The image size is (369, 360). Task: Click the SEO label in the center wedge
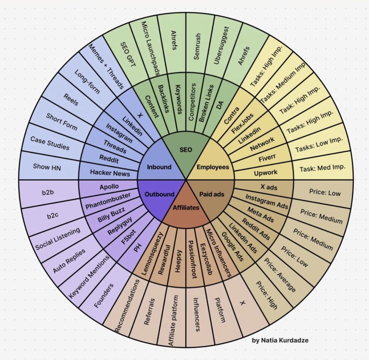click(186, 150)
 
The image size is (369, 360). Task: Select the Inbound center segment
click(159, 167)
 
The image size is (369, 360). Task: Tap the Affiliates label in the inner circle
click(186, 208)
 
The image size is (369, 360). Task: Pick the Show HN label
click(47, 167)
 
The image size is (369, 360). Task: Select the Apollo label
click(109, 187)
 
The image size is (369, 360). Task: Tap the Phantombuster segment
click(108, 201)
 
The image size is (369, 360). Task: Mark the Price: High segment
click(267, 295)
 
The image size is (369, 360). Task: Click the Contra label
click(231, 115)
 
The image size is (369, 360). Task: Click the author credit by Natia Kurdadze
click(280, 340)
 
